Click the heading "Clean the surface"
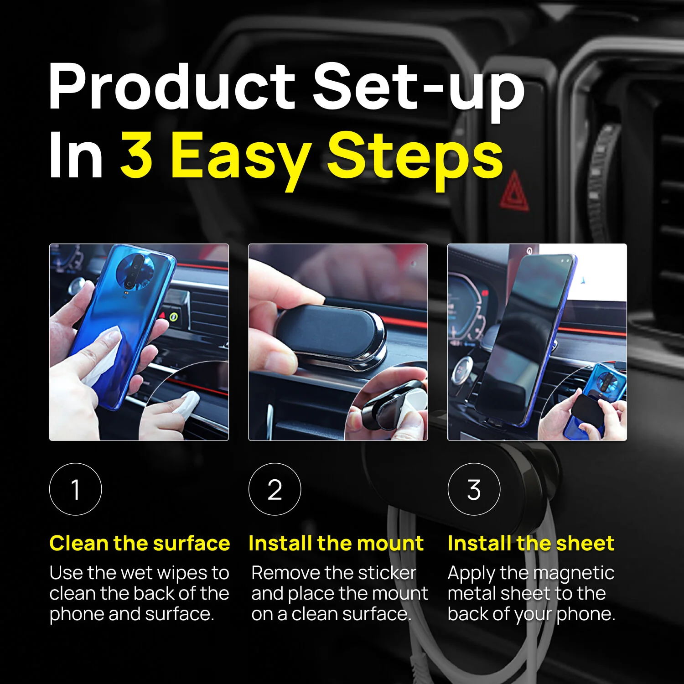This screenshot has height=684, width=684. tap(140, 543)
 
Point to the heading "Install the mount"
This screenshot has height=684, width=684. tap(336, 543)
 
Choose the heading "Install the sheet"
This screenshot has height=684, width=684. tap(531, 543)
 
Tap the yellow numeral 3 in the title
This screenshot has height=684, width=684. tap(136, 155)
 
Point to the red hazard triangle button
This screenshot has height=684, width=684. tap(515, 191)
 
